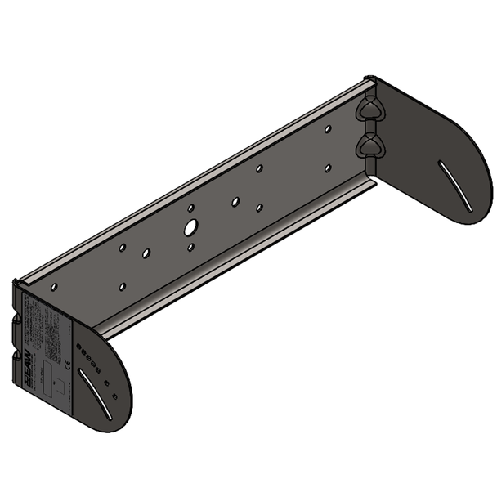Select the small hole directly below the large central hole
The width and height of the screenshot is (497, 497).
(x=190, y=246)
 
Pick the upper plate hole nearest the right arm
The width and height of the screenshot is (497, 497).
(x=327, y=128)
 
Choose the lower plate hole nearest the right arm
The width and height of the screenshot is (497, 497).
(x=327, y=168)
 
